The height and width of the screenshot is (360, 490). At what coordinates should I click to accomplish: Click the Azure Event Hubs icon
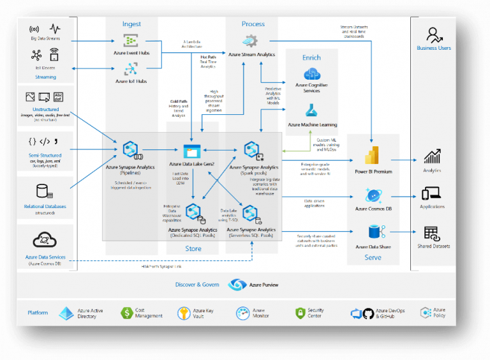pos(131,41)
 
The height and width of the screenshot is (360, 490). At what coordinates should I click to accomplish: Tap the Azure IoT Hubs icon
pos(131,69)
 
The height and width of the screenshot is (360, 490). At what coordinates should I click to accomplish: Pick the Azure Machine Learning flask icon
pos(311,110)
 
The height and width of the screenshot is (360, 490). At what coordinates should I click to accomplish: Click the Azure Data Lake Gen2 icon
pos(191,151)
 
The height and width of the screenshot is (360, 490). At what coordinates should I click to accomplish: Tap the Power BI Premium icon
pos(373,156)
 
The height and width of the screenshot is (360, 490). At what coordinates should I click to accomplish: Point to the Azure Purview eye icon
pos(237,285)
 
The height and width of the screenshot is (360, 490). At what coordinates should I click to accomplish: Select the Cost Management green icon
pos(126,313)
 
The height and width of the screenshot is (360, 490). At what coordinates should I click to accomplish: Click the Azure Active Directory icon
pos(66,313)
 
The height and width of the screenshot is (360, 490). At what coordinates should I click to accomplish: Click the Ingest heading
pos(131,24)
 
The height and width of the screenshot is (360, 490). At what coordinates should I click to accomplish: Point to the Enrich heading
pos(311,57)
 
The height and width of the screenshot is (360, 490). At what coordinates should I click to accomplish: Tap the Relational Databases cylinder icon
pos(44,191)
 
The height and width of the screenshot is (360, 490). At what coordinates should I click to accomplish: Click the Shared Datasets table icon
pos(432,233)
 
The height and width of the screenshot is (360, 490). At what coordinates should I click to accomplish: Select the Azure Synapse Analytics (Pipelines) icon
pos(131,150)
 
